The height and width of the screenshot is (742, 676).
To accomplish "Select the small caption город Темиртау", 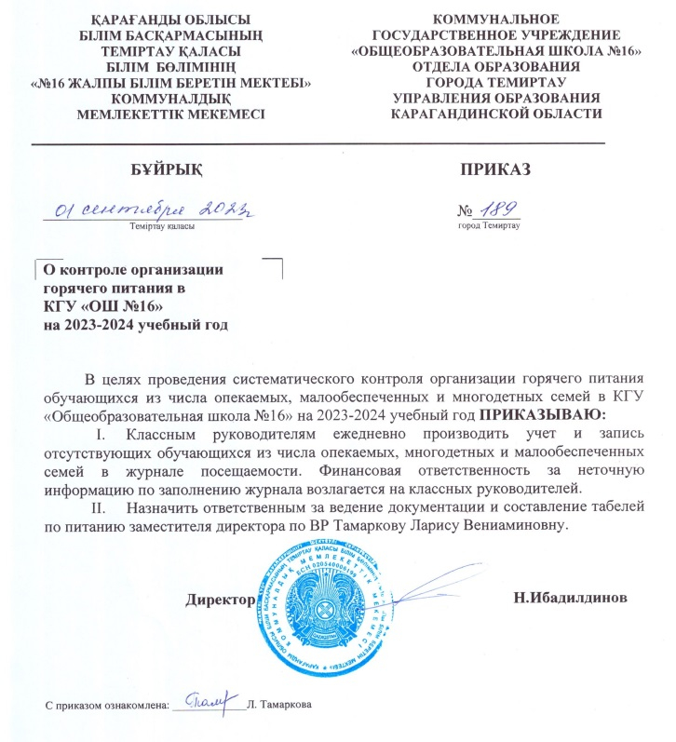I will pos(488,225).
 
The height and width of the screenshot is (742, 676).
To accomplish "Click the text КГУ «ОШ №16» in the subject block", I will pos(103,306).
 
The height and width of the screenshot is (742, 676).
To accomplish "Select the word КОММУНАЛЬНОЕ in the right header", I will pos(497,19).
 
